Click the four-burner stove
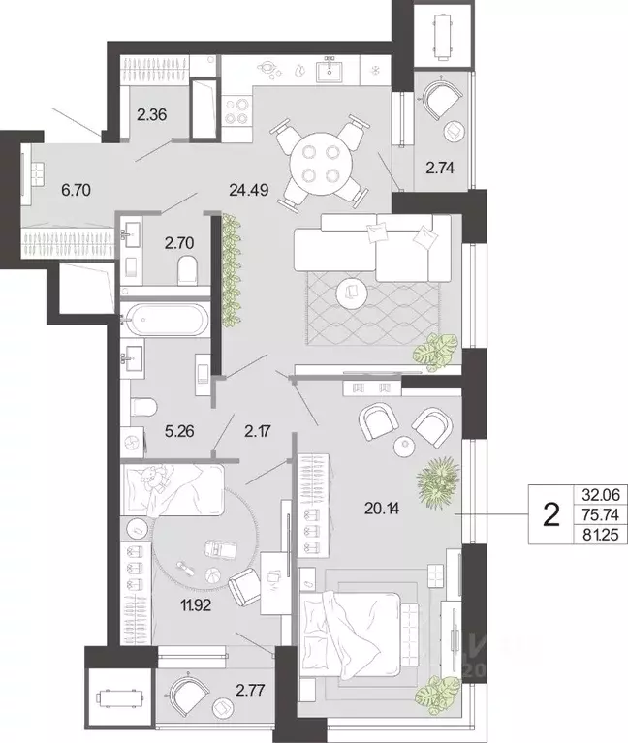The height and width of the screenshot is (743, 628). (x=236, y=110)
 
